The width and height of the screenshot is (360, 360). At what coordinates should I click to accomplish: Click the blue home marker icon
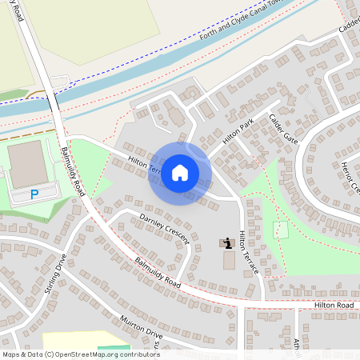tap(180, 173)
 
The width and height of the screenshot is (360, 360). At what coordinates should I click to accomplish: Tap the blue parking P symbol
tap(34, 194)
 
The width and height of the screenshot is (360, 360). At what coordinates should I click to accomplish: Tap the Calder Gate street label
tap(283, 127)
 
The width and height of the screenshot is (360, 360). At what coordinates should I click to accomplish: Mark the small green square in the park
tap(280, 229)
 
